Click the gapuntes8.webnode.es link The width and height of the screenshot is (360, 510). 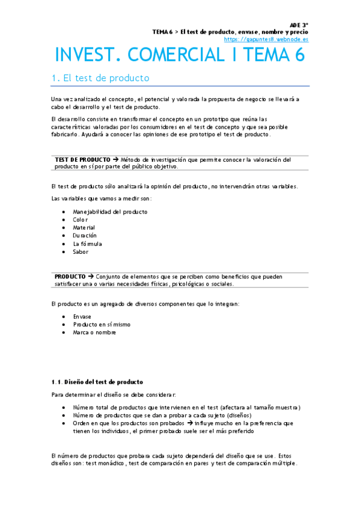(266, 39)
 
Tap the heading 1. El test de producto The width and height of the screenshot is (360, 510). (100, 78)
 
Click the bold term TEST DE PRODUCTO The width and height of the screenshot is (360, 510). (82, 159)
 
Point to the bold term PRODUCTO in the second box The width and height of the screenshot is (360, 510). (70, 277)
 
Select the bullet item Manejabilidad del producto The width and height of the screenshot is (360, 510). (110, 212)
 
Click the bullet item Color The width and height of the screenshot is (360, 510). (81, 220)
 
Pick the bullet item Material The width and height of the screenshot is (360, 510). (84, 228)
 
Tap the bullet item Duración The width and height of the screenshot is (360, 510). (85, 236)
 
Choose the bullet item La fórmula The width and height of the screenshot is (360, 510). (87, 244)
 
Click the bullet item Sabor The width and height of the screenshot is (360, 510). (81, 252)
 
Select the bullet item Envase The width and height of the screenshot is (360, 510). (82, 316)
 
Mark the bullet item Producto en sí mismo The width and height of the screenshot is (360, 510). (102, 324)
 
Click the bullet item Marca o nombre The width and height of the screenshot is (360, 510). (94, 332)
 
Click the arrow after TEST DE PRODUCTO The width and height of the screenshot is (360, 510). (115, 159)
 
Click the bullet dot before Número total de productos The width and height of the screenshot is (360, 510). (64, 407)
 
